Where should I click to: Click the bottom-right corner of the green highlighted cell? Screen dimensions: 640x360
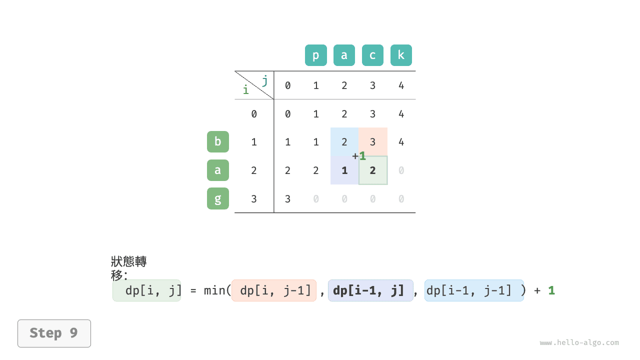(x=387, y=184)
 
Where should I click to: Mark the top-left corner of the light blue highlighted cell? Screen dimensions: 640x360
(x=330, y=127)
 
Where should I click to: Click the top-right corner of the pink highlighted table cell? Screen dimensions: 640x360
(x=387, y=127)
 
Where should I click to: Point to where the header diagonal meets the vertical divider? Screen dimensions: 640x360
(x=273, y=99)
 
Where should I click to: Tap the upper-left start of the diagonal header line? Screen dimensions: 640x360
(x=235, y=71)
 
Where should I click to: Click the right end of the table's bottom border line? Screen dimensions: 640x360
(x=415, y=212)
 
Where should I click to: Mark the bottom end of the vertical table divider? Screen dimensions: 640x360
(x=273, y=212)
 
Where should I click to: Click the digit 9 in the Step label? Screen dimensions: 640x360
(x=73, y=333)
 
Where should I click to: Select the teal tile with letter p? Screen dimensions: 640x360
(x=315, y=55)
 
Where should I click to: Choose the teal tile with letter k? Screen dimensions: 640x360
(x=401, y=55)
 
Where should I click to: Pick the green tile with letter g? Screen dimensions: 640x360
(x=217, y=198)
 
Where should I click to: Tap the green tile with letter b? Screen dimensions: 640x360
(x=217, y=141)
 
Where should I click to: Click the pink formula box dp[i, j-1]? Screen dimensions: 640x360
(x=273, y=290)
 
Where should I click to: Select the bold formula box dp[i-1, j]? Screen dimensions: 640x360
(x=370, y=290)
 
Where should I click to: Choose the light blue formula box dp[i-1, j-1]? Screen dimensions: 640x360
(x=474, y=290)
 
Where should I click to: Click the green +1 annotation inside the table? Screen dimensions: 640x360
(x=359, y=156)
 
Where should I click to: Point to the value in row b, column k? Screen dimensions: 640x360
(x=401, y=142)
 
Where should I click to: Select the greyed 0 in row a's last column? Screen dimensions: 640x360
(x=401, y=170)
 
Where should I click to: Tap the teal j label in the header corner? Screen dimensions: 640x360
(x=265, y=80)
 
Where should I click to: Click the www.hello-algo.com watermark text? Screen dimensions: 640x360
(x=579, y=342)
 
